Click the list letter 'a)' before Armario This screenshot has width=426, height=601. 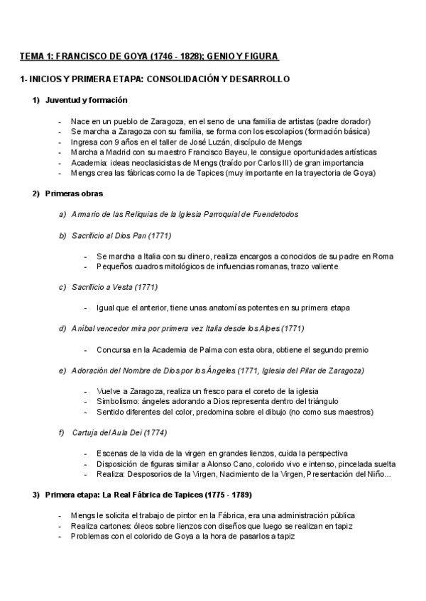point(63,214)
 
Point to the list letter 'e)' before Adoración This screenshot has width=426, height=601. point(63,370)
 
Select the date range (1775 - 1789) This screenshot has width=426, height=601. point(227,495)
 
